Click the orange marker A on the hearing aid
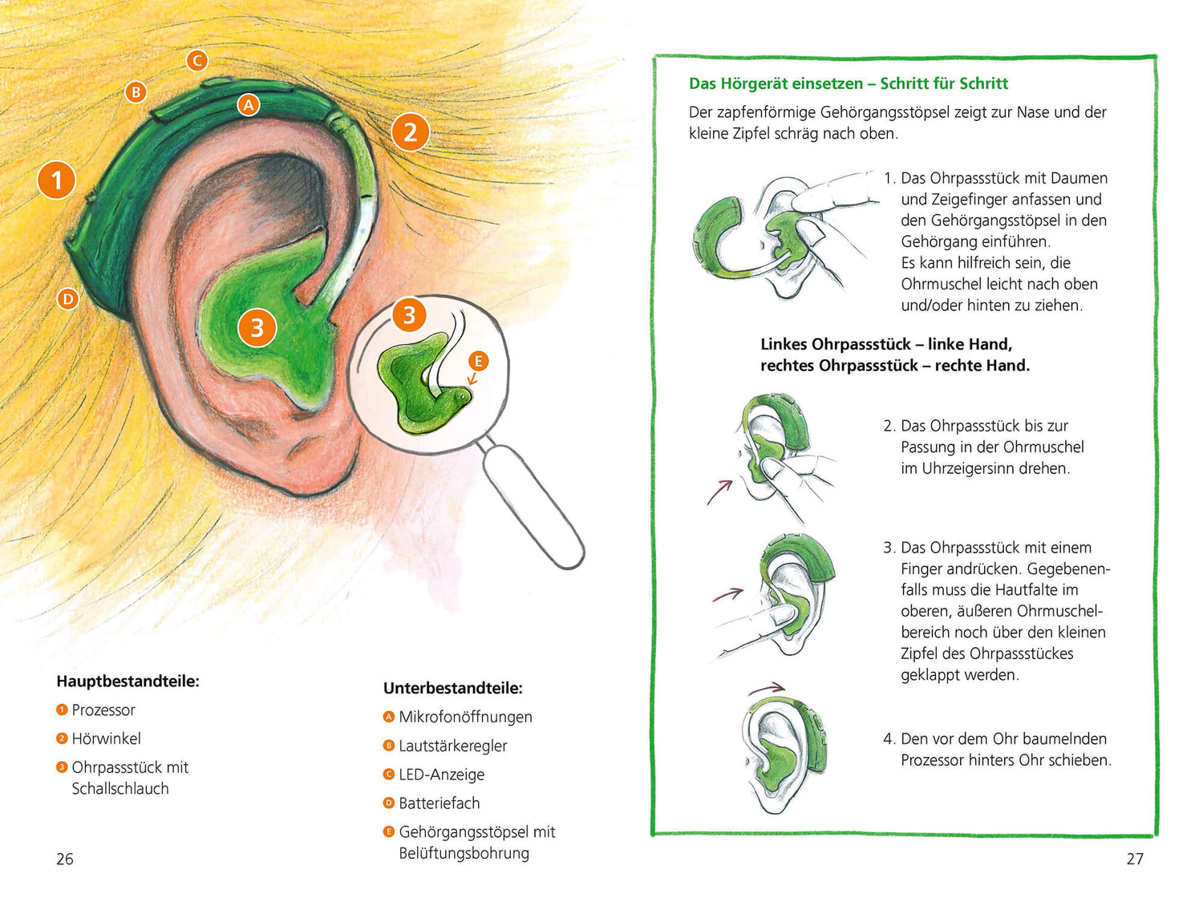point(249,104)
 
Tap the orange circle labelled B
point(136,92)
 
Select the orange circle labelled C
point(196,60)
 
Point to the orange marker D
point(68,299)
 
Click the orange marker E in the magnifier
point(478,361)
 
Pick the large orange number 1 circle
point(56,180)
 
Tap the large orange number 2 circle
point(410,132)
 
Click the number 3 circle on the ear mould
point(257,327)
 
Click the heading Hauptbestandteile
point(128,682)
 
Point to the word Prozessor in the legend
point(103,710)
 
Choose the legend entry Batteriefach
point(439,803)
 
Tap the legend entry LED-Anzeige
point(441,775)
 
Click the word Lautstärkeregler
point(452,746)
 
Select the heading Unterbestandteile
point(452,688)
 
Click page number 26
point(65,859)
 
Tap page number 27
point(1135,859)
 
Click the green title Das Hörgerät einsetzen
point(776,83)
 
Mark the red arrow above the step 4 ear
point(767,688)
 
